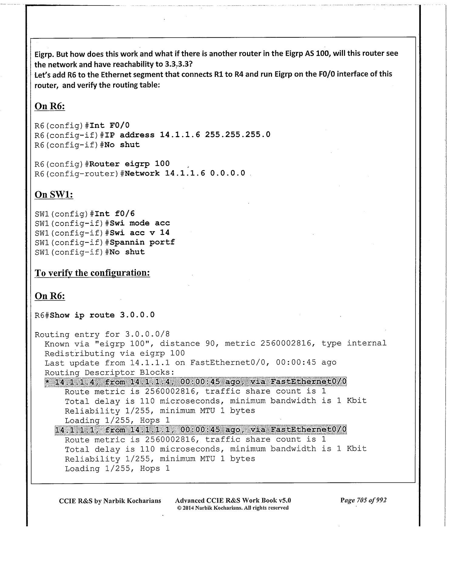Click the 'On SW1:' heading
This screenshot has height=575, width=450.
click(x=54, y=194)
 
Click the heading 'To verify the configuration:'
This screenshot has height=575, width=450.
click(x=92, y=273)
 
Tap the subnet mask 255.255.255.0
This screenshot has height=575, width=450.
click(x=238, y=135)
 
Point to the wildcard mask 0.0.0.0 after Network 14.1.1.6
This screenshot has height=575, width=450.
click(x=228, y=173)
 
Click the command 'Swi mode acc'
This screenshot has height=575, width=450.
click(x=140, y=223)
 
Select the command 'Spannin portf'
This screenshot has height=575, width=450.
click(x=142, y=242)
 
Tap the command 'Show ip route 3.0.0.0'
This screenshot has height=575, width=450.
click(x=102, y=315)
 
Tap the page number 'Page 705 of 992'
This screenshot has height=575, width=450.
click(x=364, y=500)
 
